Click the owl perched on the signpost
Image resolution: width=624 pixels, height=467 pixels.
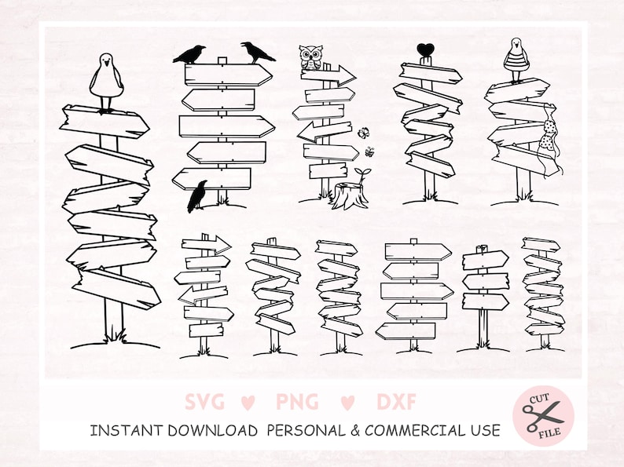(x=310, y=58)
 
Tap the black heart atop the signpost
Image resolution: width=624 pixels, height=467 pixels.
(x=425, y=50)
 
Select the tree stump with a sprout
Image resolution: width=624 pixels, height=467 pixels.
(x=351, y=190)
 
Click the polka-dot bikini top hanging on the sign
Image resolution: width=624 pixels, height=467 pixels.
(x=549, y=135)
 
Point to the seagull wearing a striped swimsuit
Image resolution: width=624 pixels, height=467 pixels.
(x=516, y=60)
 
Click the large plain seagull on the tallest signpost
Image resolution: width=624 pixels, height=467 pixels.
(x=106, y=82)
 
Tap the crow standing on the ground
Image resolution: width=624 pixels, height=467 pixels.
(x=197, y=196)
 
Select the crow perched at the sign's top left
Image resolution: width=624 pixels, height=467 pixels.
(x=189, y=54)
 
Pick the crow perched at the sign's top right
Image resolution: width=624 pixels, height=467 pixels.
(x=257, y=52)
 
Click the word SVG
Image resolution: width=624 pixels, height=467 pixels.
(x=205, y=401)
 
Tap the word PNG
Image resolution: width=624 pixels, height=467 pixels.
(x=297, y=401)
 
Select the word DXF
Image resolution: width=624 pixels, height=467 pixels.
(x=396, y=401)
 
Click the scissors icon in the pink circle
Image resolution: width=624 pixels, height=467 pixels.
(x=543, y=415)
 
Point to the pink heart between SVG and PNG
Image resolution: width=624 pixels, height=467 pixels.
(x=248, y=403)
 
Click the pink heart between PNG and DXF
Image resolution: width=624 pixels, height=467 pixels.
(x=347, y=403)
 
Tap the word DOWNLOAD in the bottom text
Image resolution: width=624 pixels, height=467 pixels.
(x=212, y=430)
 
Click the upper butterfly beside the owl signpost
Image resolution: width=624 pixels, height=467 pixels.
(x=363, y=133)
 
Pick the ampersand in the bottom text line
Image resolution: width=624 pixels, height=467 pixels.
(x=355, y=431)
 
